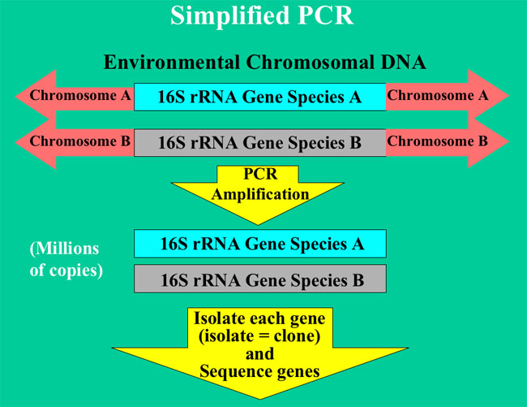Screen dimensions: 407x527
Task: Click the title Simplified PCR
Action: pos(263,17)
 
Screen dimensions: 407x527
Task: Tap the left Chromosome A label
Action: pos(80,96)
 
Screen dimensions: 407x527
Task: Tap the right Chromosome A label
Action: pos(437,96)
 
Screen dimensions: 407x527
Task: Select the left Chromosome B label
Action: pos(80,141)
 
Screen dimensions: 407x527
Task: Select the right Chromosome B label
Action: pos(437,141)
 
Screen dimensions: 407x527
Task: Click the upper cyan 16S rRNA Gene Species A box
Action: pos(259,97)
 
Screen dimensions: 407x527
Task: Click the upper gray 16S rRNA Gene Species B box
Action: pos(259,143)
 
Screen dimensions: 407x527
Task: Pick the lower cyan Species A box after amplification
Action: pos(259,243)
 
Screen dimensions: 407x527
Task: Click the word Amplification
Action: pos(259,195)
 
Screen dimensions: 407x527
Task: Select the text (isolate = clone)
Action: pos(259,336)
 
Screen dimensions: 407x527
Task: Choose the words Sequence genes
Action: pos(259,371)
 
